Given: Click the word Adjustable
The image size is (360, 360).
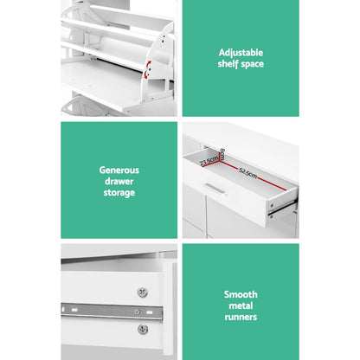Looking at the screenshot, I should click(x=241, y=52).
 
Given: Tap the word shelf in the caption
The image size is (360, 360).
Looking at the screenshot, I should click(x=228, y=65).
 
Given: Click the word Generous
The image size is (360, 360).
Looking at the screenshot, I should click(x=119, y=170).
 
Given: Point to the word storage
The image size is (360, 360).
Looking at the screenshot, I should click(x=119, y=193).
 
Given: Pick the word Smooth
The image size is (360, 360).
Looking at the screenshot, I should click(x=241, y=293).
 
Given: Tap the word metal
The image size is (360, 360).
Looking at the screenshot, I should click(x=241, y=305).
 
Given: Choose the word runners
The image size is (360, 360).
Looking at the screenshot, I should click(x=241, y=318).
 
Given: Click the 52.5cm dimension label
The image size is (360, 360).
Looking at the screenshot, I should click(x=250, y=174).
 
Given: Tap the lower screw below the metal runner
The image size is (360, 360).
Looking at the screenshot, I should click(x=142, y=328).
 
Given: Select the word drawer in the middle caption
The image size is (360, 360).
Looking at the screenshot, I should click(x=119, y=182).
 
